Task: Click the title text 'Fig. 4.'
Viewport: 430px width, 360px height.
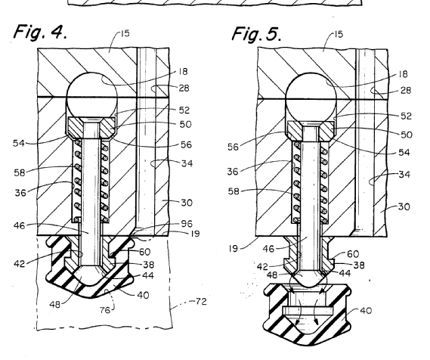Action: point(40,32)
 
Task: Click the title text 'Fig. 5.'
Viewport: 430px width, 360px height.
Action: point(256,34)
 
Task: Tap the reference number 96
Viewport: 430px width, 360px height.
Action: point(187,223)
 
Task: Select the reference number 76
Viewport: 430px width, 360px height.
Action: point(105,310)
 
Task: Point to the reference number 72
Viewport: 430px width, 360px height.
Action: point(201,302)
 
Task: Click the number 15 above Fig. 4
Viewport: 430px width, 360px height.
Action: point(125,34)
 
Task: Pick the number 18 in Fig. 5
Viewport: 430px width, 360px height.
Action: point(403,74)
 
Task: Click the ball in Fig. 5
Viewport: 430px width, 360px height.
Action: point(311,98)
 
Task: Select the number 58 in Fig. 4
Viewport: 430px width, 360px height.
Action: point(20,172)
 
